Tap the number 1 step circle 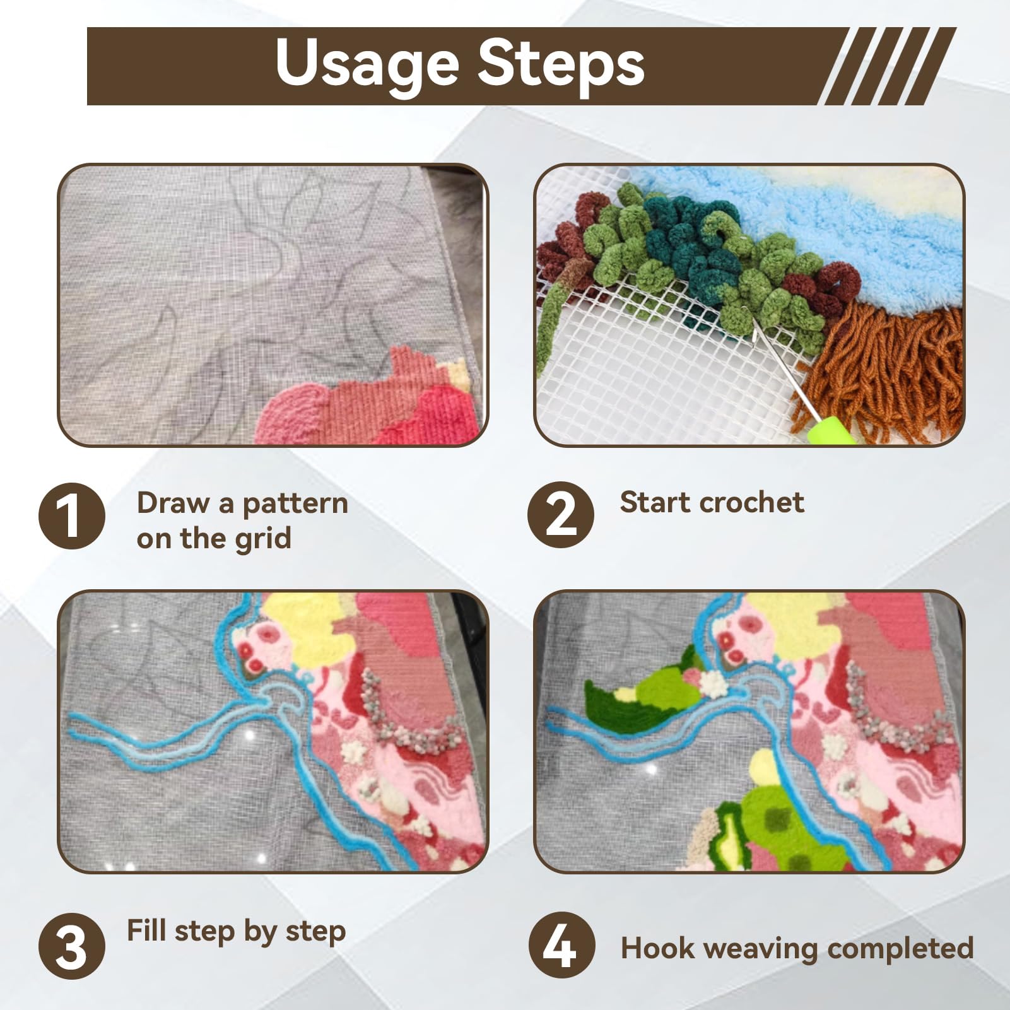click(72, 515)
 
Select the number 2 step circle click(561, 514)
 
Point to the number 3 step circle click(72, 946)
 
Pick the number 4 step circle click(561, 945)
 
